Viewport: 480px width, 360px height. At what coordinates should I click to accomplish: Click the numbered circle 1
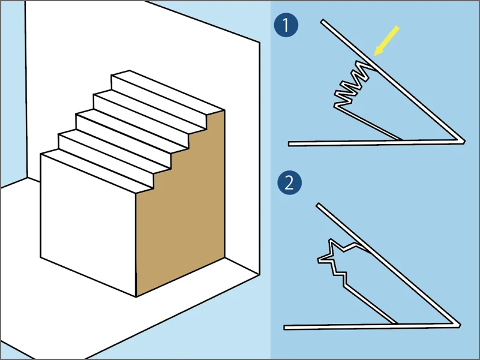coord(286,25)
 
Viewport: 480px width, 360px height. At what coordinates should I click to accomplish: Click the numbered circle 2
coord(289,183)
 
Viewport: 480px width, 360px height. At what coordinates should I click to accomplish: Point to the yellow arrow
coord(387,40)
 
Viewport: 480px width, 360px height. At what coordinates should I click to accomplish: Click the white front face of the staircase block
coord(88,225)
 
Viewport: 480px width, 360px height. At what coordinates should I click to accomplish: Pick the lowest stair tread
coord(97,171)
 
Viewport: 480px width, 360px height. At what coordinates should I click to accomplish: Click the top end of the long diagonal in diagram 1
coord(322,21)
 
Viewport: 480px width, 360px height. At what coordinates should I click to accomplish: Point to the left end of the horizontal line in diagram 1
coord(289,144)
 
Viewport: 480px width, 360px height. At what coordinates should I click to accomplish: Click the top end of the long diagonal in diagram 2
coord(318,205)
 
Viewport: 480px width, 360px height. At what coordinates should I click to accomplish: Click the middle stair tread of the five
coord(132,131)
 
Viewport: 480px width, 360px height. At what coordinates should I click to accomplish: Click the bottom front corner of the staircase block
coord(136,296)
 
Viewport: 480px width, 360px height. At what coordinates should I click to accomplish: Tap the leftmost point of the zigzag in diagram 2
coord(318,260)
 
